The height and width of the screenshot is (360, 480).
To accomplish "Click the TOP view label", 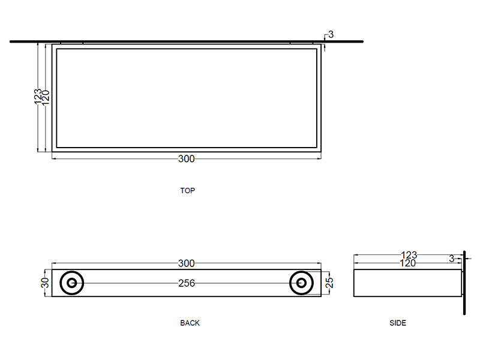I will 187,191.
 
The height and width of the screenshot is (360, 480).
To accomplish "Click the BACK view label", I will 190,323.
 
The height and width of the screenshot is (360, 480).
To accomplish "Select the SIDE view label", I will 398,323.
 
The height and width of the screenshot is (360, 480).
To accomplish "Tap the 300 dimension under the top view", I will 187,159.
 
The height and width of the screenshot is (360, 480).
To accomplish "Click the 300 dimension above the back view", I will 187,263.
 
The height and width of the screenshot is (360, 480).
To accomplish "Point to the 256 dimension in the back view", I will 187,283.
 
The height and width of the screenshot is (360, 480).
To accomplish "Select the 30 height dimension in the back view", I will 45,283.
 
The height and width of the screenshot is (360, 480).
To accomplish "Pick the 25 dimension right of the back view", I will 329,283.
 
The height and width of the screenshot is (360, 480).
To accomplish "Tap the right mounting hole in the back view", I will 301,283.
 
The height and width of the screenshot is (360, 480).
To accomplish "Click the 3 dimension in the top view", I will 331,35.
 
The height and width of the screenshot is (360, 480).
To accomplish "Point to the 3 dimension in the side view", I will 451,259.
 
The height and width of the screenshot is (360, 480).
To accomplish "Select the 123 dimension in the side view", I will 409,256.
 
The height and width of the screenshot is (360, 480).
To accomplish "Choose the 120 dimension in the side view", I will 409,263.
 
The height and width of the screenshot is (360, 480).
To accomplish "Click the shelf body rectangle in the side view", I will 408,283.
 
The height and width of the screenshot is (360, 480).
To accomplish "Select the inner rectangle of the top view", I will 187,98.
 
